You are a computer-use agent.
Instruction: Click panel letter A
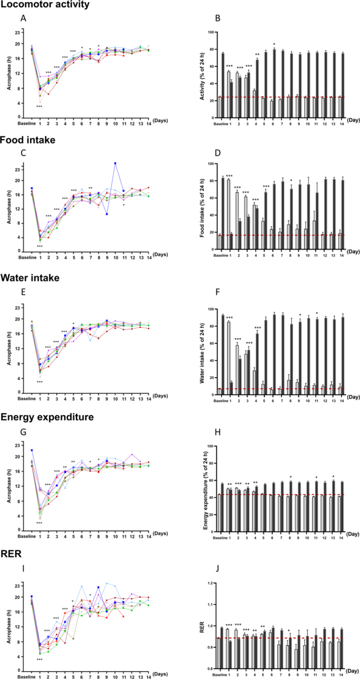[23, 18]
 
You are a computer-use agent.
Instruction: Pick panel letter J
[215, 572]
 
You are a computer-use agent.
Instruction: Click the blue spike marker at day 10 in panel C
[115, 163]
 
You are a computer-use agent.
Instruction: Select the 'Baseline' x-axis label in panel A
[31, 124]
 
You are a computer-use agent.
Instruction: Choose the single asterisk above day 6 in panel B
[274, 44]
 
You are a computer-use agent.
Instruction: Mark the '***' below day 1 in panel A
[39, 107]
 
